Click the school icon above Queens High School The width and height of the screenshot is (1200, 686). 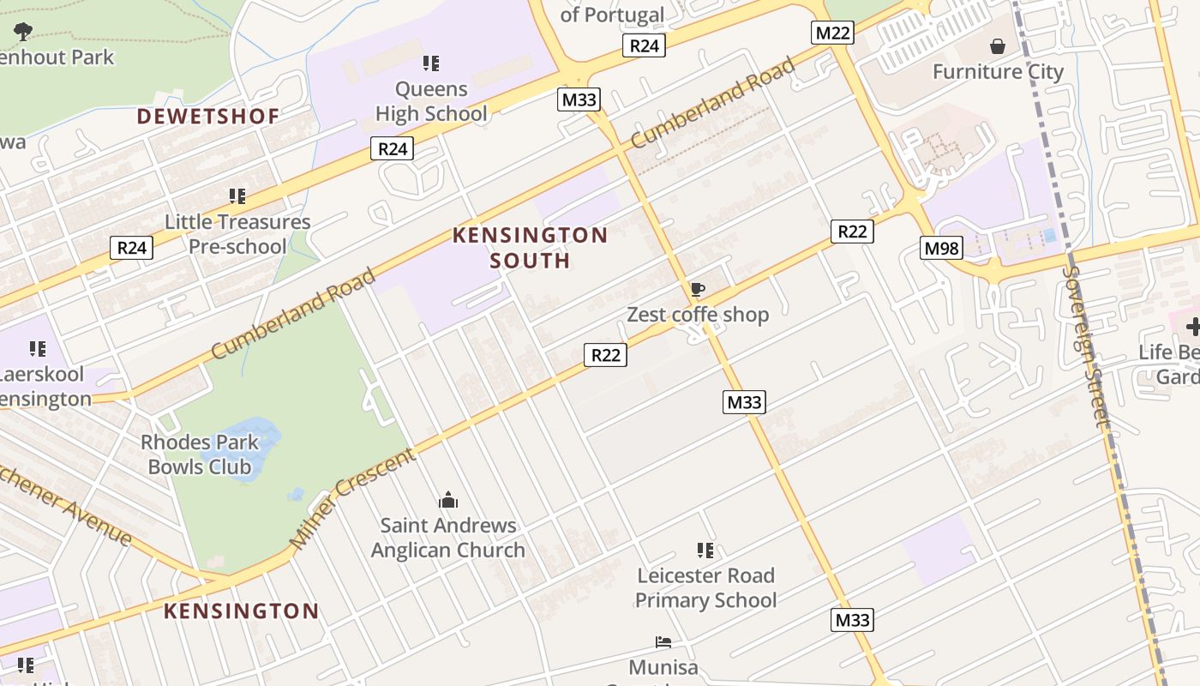(431, 63)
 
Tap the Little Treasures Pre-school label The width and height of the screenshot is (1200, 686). (237, 234)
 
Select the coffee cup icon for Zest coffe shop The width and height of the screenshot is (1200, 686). (698, 289)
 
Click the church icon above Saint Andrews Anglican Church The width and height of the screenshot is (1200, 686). (448, 500)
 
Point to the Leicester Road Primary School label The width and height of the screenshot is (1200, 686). (705, 587)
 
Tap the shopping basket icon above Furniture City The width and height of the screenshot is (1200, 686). (998, 45)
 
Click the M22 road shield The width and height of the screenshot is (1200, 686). (831, 33)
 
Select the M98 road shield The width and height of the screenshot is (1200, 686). (942, 249)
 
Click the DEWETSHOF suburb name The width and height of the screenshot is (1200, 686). (208, 117)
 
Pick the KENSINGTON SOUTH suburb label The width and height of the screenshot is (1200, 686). (530, 248)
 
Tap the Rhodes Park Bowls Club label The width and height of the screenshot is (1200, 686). (200, 454)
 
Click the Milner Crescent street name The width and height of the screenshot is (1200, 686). (352, 499)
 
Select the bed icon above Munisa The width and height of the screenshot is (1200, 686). (663, 641)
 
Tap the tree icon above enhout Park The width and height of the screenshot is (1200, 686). (23, 32)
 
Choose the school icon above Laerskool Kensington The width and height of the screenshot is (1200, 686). (37, 348)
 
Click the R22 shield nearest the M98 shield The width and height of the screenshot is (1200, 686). (852, 232)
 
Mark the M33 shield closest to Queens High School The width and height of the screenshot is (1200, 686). (579, 99)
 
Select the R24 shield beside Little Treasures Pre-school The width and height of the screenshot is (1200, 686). (131, 249)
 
